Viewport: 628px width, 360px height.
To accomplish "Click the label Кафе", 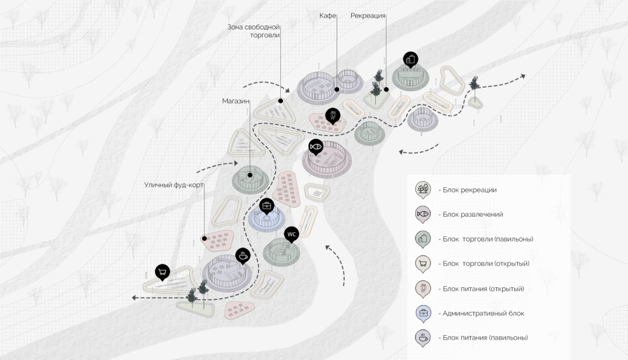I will point(328,15).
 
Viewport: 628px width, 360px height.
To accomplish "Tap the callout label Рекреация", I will point(368,15).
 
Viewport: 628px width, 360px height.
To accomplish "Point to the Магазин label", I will point(236,101).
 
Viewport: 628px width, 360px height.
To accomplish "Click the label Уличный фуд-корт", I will point(174,185).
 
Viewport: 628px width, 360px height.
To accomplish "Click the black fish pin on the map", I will point(316,146).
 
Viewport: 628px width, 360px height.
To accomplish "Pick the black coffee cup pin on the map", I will point(242,256).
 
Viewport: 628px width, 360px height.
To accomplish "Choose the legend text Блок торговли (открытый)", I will point(484,264).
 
